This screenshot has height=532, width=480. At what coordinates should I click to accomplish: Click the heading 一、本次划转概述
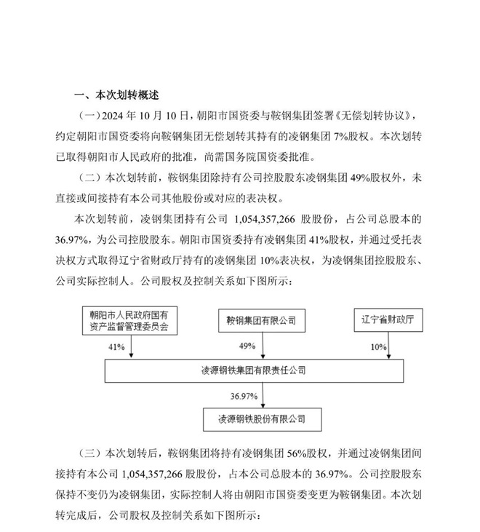pyautogui.click(x=117, y=95)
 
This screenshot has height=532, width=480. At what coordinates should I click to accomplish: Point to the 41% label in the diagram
pyautogui.click(x=114, y=347)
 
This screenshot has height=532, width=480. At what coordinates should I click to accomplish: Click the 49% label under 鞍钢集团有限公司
pyautogui.click(x=250, y=347)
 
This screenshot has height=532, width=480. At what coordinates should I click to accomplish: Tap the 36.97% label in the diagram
pyautogui.click(x=242, y=394)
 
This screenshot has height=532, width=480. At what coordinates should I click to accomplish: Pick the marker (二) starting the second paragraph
pyautogui.click(x=88, y=177)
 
